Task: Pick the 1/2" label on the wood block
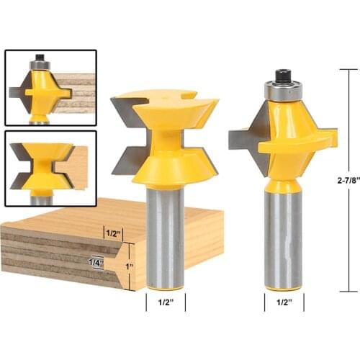pyautogui.click(x=112, y=233)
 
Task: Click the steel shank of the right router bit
pyautogui.click(x=282, y=238)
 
